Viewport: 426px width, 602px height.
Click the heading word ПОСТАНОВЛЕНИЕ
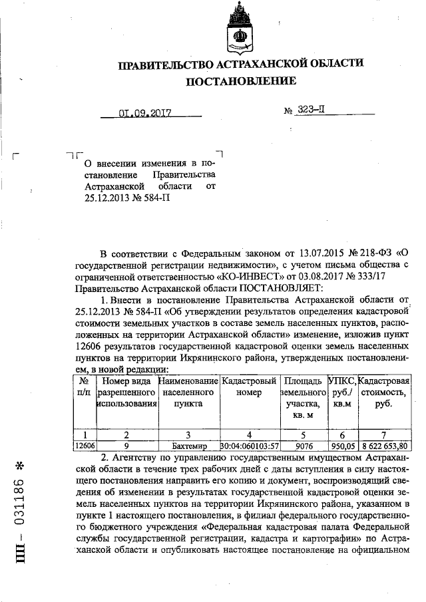pyautogui.click(x=241, y=81)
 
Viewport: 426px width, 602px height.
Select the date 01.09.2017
pyautogui.click(x=145, y=112)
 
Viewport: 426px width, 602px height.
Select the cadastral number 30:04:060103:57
pyautogui.click(x=249, y=446)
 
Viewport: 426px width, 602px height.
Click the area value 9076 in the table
pyautogui.click(x=303, y=446)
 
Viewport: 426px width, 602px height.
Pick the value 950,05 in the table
pyautogui.click(x=342, y=446)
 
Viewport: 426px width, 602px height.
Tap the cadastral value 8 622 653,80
pyautogui.click(x=383, y=446)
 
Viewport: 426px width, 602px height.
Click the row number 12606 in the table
pyautogui.click(x=85, y=446)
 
